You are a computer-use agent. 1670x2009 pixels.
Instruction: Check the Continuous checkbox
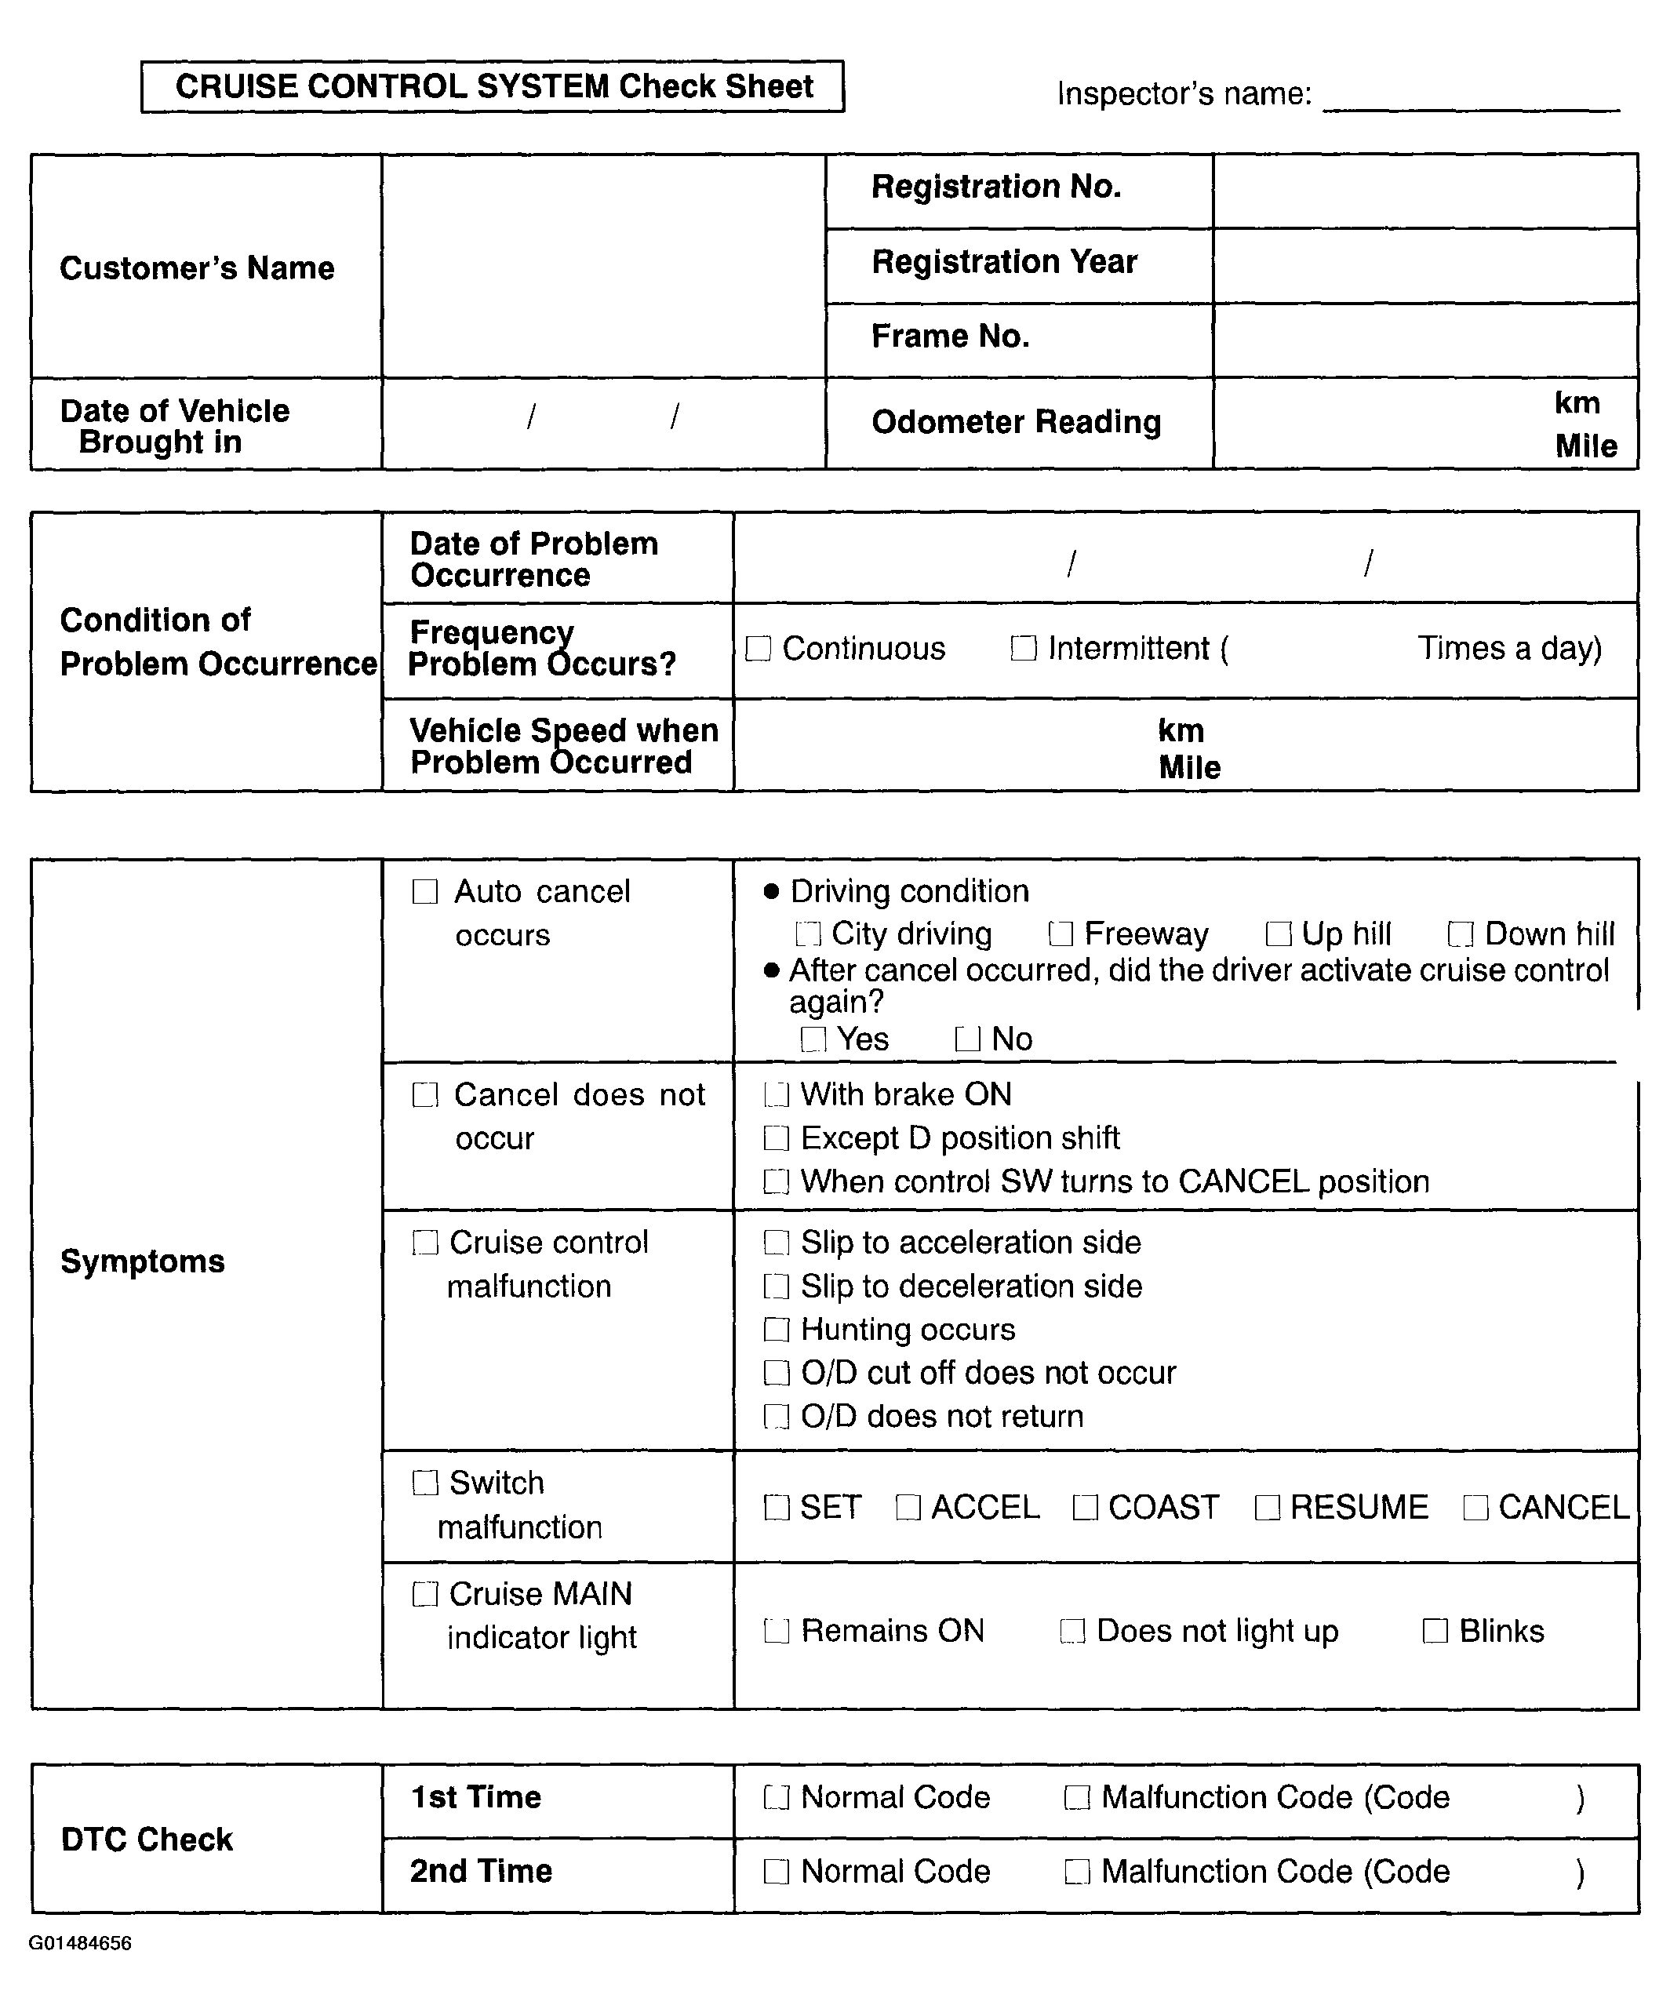(x=758, y=649)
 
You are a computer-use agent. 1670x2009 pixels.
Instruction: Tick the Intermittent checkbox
(x=1024, y=649)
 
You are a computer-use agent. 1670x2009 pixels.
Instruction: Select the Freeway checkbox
(x=1060, y=934)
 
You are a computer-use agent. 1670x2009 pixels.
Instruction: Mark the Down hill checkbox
(x=1461, y=934)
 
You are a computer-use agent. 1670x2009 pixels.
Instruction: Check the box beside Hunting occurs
(x=777, y=1330)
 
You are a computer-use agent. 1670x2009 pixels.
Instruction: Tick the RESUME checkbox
(x=1268, y=1508)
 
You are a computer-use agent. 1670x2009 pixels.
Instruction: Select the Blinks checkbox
(x=1435, y=1631)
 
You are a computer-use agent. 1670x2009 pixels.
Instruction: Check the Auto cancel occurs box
(x=424, y=892)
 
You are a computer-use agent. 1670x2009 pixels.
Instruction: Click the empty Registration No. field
(x=1424, y=191)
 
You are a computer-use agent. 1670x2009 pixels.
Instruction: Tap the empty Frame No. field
(x=1424, y=340)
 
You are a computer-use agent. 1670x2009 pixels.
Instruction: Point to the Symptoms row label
(x=143, y=1262)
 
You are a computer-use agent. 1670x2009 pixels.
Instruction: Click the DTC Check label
(x=147, y=1840)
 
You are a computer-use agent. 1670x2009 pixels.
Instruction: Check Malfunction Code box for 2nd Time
(x=1077, y=1873)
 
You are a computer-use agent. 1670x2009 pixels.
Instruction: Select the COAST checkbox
(x=1085, y=1508)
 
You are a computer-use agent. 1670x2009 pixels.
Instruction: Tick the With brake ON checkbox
(x=777, y=1094)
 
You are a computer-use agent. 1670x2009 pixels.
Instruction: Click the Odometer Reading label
(x=1016, y=422)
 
